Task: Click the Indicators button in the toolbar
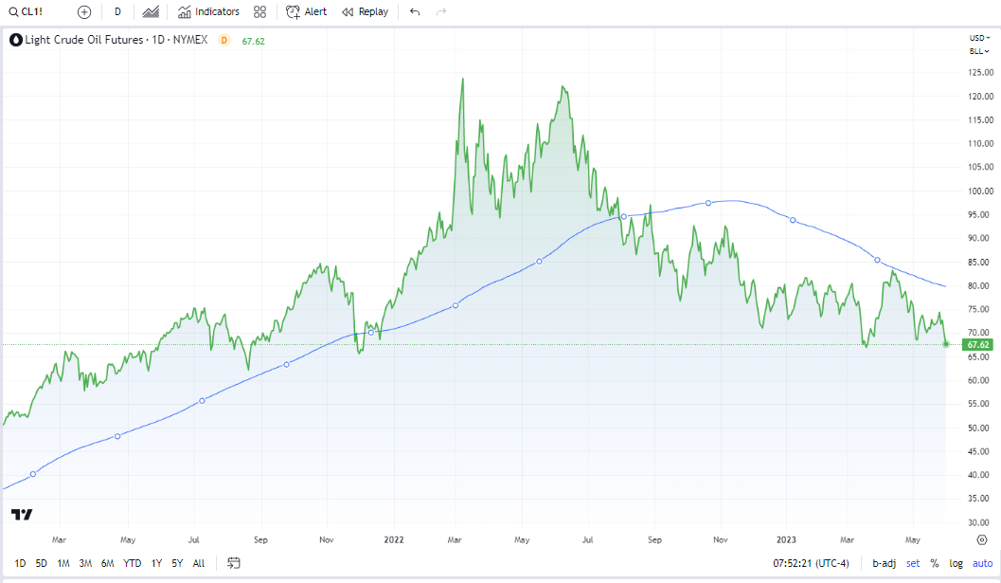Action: click(x=208, y=11)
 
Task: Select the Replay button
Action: click(x=365, y=11)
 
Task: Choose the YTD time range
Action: click(x=133, y=563)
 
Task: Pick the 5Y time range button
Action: click(x=177, y=563)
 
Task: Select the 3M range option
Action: click(x=85, y=563)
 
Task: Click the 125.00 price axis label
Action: click(x=980, y=73)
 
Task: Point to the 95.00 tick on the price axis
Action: click(x=980, y=215)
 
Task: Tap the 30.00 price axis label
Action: click(x=980, y=522)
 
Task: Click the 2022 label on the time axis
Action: click(x=394, y=539)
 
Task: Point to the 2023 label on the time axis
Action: click(x=787, y=539)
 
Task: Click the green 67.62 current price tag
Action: click(x=980, y=344)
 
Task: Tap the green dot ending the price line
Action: click(x=946, y=343)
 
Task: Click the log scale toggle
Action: click(x=956, y=563)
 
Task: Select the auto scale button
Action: click(x=982, y=563)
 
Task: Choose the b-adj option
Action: click(x=884, y=563)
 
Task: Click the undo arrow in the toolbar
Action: click(x=415, y=11)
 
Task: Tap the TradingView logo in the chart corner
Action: click(x=22, y=514)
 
